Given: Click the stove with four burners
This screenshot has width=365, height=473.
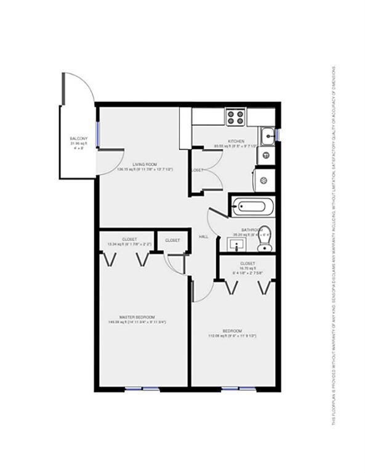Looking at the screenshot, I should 235,117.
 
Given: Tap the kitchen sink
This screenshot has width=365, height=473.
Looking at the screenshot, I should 267,134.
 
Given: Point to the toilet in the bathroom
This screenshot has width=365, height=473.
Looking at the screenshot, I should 264,244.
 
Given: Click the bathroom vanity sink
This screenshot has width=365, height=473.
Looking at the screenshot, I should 238,245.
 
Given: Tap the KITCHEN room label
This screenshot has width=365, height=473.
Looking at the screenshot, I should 236,141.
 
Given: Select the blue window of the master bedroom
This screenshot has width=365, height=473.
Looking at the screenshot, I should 141,389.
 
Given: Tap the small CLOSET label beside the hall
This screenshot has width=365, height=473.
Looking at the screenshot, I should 172,240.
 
